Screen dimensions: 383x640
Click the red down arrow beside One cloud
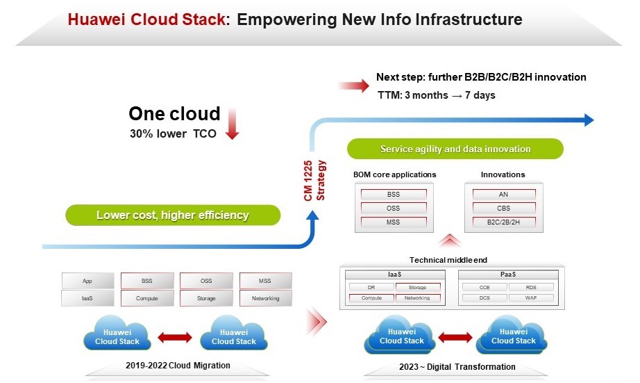[233, 123]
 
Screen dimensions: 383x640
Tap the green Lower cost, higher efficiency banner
[173, 215]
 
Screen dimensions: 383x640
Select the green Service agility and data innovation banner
[455, 149]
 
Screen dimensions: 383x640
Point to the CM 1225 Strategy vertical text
[316, 179]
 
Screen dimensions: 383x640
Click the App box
[87, 281]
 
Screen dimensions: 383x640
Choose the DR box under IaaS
[371, 287]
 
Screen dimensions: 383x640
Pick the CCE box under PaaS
[485, 287]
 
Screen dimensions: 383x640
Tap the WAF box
[531, 298]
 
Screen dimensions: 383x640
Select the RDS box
[531, 287]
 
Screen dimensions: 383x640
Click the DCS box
[485, 298]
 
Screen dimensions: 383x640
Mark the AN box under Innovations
[503, 195]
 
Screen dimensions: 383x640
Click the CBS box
[503, 208]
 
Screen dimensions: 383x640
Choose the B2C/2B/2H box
[503, 222]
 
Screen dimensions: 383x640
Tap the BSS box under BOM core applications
[394, 195]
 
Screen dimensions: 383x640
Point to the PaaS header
[508, 275]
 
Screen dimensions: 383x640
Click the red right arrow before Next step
[354, 86]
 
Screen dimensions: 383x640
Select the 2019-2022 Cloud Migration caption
[178, 366]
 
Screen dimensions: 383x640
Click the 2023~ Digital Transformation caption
[457, 366]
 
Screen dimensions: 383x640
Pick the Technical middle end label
[448, 259]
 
